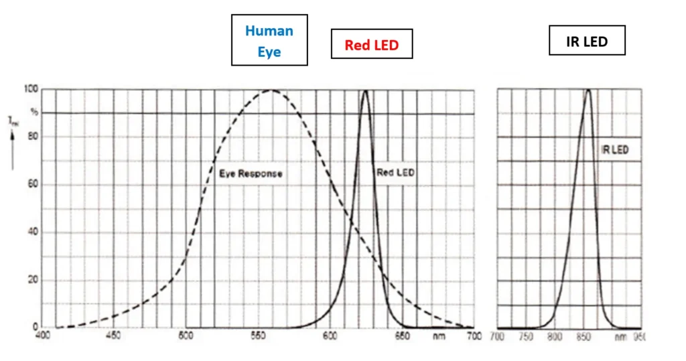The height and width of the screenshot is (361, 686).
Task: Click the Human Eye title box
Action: click(269, 40)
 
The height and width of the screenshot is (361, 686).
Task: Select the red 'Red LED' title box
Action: click(371, 46)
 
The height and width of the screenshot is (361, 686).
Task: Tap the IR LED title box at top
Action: click(587, 41)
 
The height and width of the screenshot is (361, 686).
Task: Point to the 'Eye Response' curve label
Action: click(251, 173)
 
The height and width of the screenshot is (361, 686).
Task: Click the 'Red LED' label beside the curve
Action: click(395, 173)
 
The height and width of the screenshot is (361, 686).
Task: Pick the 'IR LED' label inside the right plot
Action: click(615, 150)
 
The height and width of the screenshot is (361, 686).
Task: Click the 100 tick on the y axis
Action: click(30, 88)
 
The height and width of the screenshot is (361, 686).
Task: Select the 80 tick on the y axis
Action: click(32, 137)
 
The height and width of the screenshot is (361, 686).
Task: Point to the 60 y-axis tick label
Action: click(32, 184)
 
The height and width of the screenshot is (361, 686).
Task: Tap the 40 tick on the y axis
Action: click(32, 232)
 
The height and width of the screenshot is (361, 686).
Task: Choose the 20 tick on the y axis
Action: click(32, 280)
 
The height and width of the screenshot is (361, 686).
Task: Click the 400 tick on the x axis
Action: click(44, 336)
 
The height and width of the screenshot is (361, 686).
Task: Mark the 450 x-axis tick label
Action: click(114, 336)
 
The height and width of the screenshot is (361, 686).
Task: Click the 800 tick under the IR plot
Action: click(554, 336)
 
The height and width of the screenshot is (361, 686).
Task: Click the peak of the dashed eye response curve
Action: click(271, 90)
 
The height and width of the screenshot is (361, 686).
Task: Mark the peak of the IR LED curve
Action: click(588, 90)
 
